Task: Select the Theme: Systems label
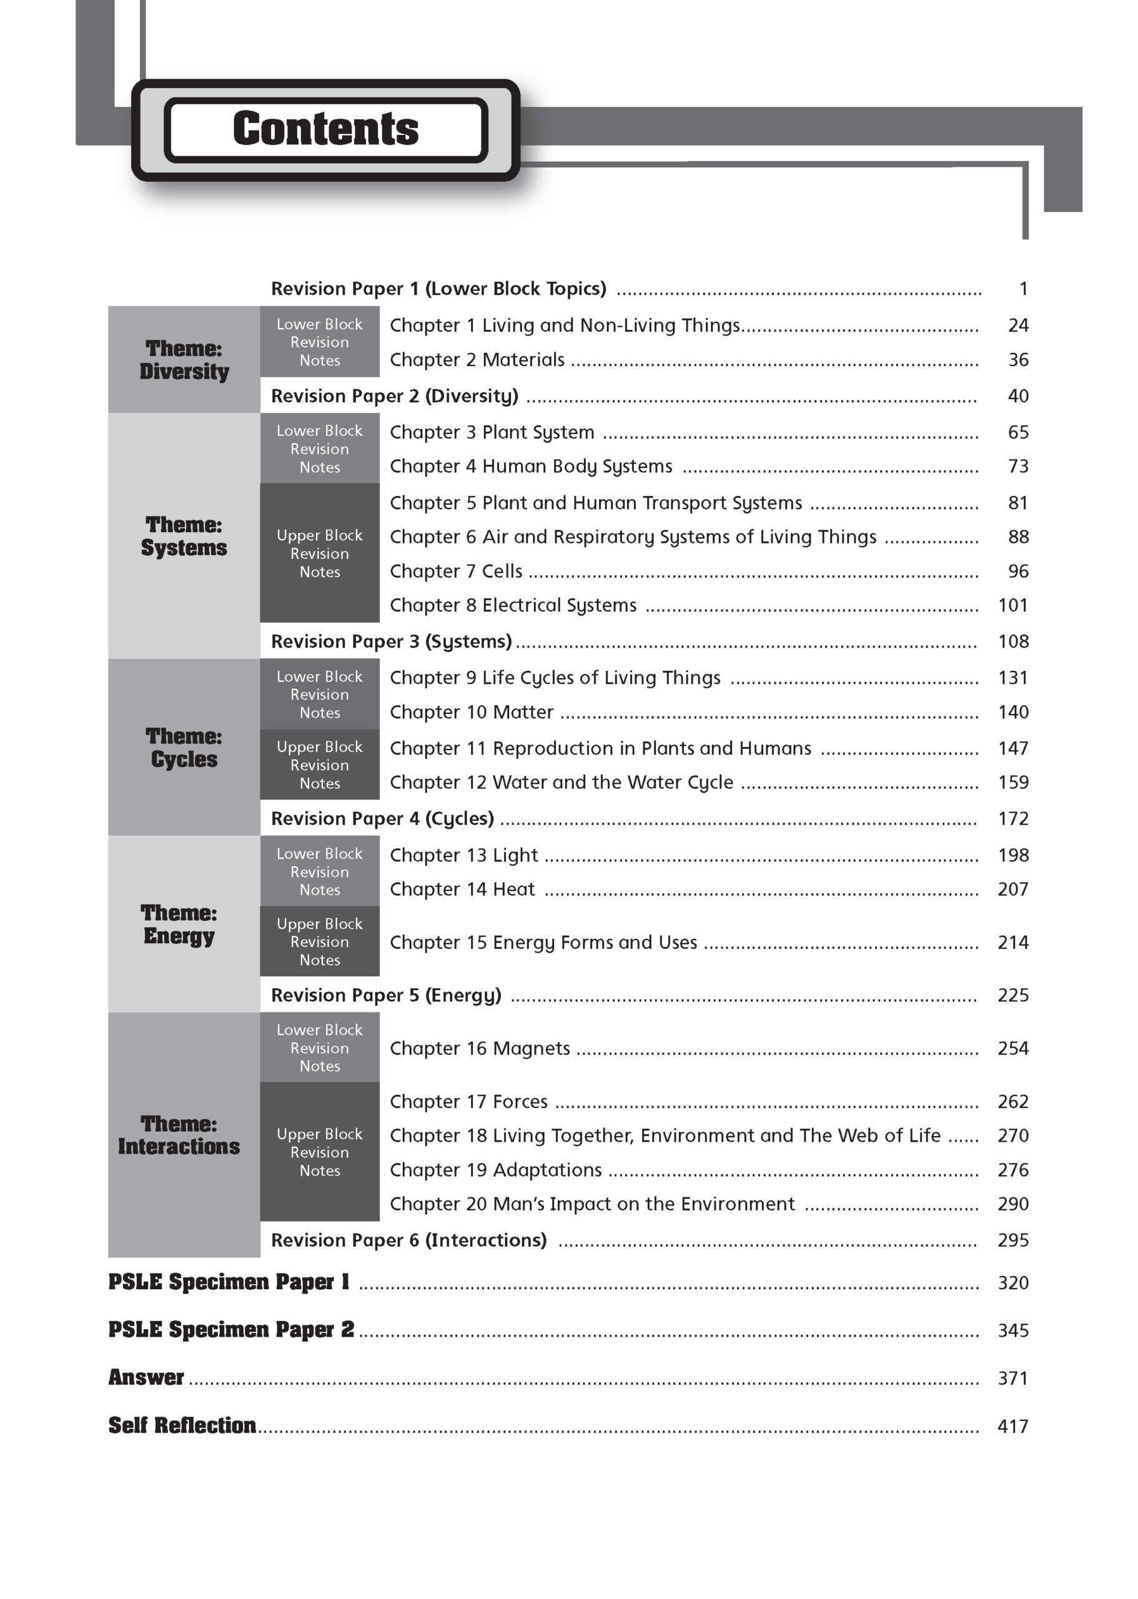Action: [x=184, y=536]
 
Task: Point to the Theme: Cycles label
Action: [x=184, y=748]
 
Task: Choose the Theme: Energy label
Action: [x=179, y=924]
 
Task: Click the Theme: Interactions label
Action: [x=179, y=1135]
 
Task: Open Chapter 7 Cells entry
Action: [x=456, y=571]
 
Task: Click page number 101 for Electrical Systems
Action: [x=1012, y=605]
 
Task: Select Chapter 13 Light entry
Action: [x=464, y=855]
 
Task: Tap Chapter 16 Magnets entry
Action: [x=480, y=1048]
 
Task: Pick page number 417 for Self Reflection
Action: [x=1012, y=1426]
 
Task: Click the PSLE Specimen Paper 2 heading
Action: [x=231, y=1330]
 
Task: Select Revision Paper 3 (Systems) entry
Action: [x=391, y=641]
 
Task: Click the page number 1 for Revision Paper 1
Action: [x=1023, y=289]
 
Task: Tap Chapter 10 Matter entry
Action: [x=472, y=712]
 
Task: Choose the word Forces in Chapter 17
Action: [x=520, y=1102]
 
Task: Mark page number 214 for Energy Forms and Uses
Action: [x=1012, y=943]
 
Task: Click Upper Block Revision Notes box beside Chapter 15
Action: [x=320, y=942]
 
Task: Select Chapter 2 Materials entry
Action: [x=477, y=359]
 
